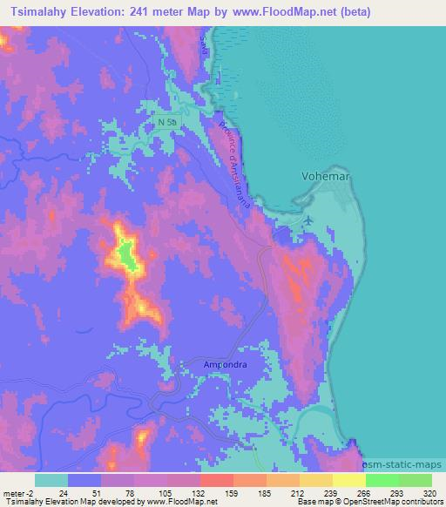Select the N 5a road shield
point(169,122)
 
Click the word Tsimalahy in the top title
point(42,12)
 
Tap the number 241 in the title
point(159,12)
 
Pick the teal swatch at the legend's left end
point(51,480)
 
